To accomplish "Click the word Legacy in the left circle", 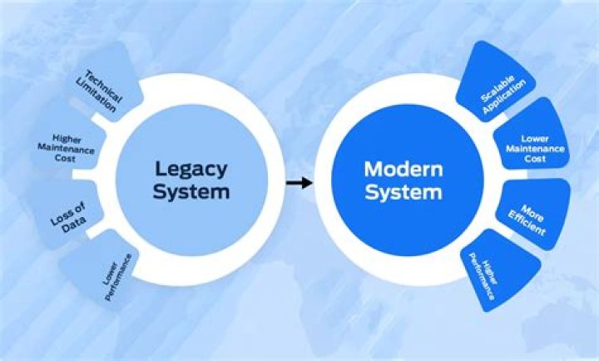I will [x=191, y=168].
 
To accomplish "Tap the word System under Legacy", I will [x=191, y=192].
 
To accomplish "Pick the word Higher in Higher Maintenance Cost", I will [x=67, y=138].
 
